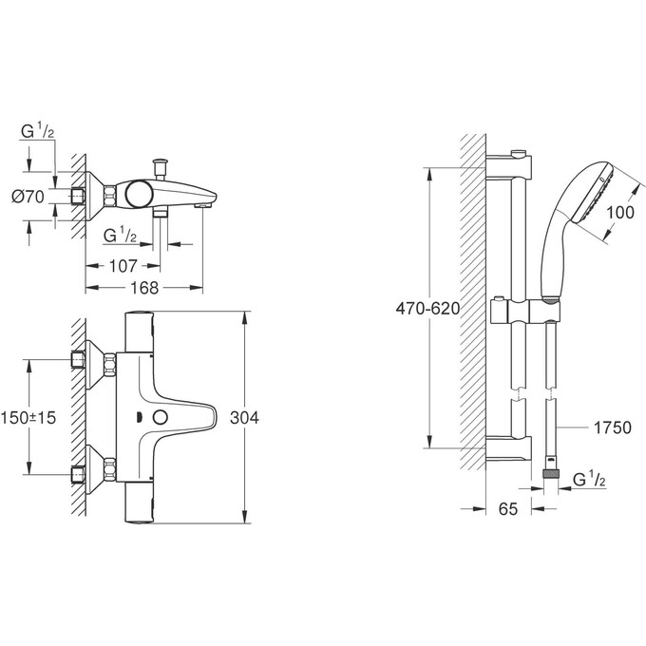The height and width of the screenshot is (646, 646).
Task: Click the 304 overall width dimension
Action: [245, 416]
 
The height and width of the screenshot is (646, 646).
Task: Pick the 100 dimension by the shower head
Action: [618, 213]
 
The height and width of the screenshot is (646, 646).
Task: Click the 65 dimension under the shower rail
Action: [508, 509]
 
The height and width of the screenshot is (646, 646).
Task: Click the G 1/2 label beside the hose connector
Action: [592, 482]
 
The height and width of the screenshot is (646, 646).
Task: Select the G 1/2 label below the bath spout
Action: [121, 234]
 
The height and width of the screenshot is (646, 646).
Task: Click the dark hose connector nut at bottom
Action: [548, 471]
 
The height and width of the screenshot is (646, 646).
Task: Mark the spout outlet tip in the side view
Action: [202, 203]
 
